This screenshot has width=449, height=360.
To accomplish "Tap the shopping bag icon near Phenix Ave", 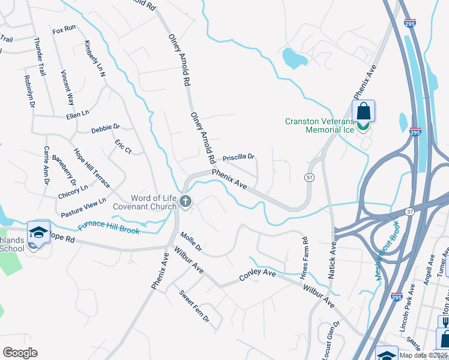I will click(363, 111).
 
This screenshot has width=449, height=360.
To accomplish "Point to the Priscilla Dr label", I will click(238, 158).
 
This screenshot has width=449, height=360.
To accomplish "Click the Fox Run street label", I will click(64, 29).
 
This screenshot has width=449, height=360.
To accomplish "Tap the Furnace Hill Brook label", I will click(109, 228).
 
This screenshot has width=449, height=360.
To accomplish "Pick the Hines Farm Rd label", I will click(304, 257).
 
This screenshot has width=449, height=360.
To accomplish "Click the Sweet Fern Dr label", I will click(194, 305).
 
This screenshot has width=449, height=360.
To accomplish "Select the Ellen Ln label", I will click(77, 113).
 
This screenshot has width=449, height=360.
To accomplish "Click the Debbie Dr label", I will click(106, 128).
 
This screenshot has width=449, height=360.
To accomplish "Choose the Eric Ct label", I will click(123, 146).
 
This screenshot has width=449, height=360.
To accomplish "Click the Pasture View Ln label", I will click(83, 207).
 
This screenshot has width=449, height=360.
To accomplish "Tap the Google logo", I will click(20, 352).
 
